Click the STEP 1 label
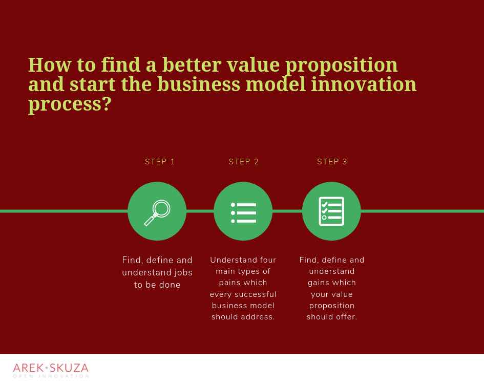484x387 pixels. tap(160, 162)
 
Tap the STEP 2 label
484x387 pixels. tap(244, 162)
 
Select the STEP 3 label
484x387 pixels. tap(332, 162)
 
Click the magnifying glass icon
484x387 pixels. tap(157, 212)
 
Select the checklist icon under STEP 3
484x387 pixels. tap(331, 211)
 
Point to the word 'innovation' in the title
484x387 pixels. tap(364, 84)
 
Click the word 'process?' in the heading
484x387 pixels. tap(70, 104)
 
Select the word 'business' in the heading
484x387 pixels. tap(198, 84)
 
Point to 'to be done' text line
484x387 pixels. tap(157, 285)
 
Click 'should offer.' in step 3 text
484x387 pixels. tap(332, 317)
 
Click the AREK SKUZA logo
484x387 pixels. tap(51, 370)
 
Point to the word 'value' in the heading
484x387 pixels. tap(253, 65)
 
